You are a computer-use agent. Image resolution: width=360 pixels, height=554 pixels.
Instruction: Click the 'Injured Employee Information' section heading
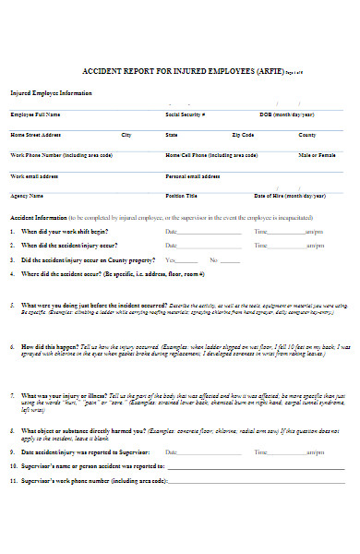point(51,93)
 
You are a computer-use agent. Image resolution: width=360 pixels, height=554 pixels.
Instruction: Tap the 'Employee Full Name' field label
point(35,114)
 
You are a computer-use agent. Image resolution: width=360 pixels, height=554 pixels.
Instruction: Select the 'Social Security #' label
point(185,114)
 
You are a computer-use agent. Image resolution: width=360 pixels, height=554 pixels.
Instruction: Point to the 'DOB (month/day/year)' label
point(286,114)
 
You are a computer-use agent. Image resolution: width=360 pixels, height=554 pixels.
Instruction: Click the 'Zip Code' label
point(243,135)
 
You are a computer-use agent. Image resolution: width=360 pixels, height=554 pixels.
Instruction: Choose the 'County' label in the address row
point(306,135)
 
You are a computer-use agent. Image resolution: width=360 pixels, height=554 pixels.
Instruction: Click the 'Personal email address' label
point(192,175)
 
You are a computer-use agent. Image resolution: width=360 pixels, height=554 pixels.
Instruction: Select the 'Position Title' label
point(181,196)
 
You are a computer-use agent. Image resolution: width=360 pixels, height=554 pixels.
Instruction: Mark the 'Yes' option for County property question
point(170,260)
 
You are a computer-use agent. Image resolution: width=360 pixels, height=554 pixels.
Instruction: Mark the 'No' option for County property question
point(212,260)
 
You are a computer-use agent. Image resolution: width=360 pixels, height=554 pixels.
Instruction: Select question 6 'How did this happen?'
point(55,345)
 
